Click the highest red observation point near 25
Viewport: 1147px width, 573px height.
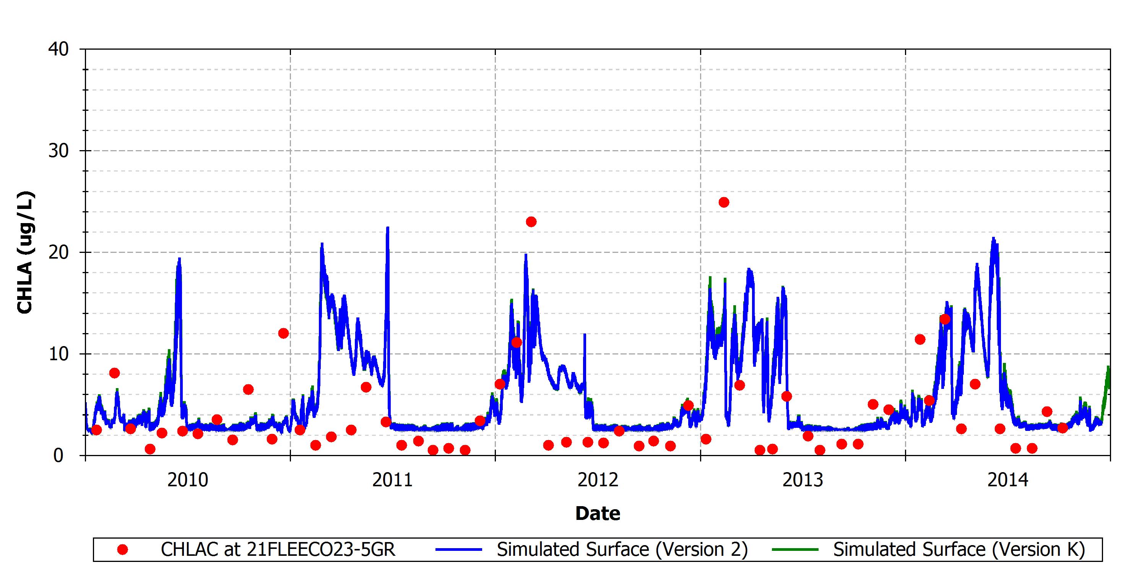coord(724,202)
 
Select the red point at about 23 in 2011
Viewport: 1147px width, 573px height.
coord(531,222)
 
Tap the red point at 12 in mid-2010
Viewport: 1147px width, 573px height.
coord(283,333)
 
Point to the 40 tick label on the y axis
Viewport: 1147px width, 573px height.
coord(58,49)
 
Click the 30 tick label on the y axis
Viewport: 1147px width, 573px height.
coord(58,151)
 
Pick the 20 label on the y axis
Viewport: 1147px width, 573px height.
coord(58,252)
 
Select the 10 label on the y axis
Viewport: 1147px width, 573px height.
coord(58,354)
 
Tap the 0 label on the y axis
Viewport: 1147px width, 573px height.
coord(58,456)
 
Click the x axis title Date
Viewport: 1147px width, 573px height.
coord(598,513)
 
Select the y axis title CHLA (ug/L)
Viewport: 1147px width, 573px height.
coord(25,252)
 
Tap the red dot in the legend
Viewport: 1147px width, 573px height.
coord(122,550)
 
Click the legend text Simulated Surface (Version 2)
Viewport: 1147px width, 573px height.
coord(622,549)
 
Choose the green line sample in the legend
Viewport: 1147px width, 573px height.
coord(795,550)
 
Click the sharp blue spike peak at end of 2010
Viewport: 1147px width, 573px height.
coord(387,228)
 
